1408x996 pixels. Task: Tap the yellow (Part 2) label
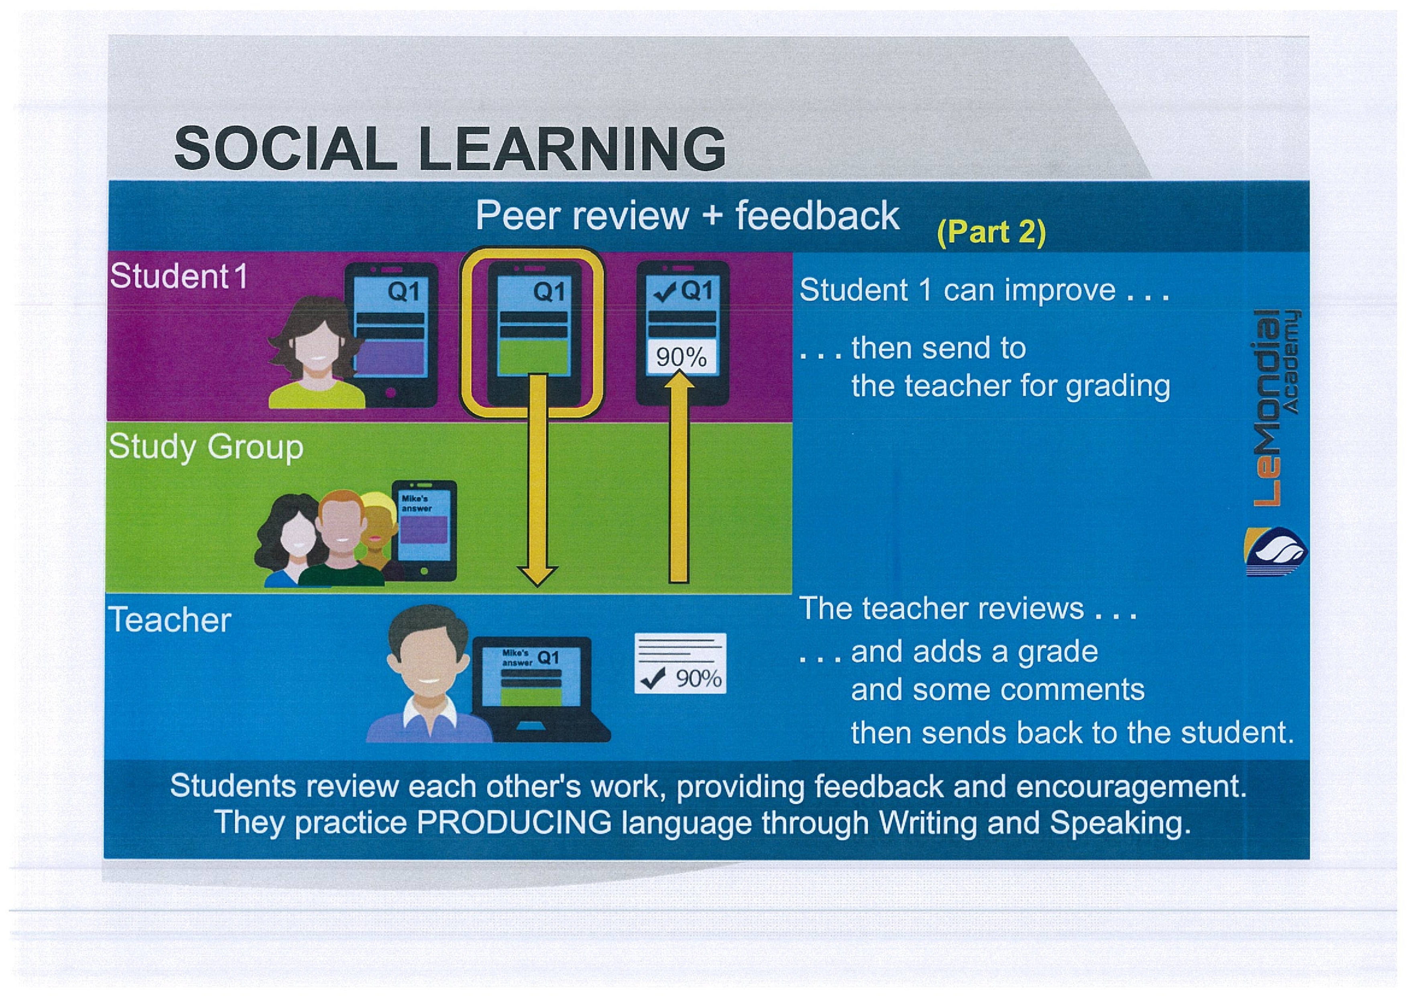[x=991, y=233]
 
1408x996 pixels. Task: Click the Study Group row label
[x=206, y=447]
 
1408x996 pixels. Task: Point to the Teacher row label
[x=170, y=620]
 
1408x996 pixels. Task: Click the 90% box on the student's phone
[x=681, y=356]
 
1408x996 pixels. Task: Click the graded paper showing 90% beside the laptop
[x=680, y=663]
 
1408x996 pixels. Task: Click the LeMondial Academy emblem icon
[x=1276, y=552]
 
